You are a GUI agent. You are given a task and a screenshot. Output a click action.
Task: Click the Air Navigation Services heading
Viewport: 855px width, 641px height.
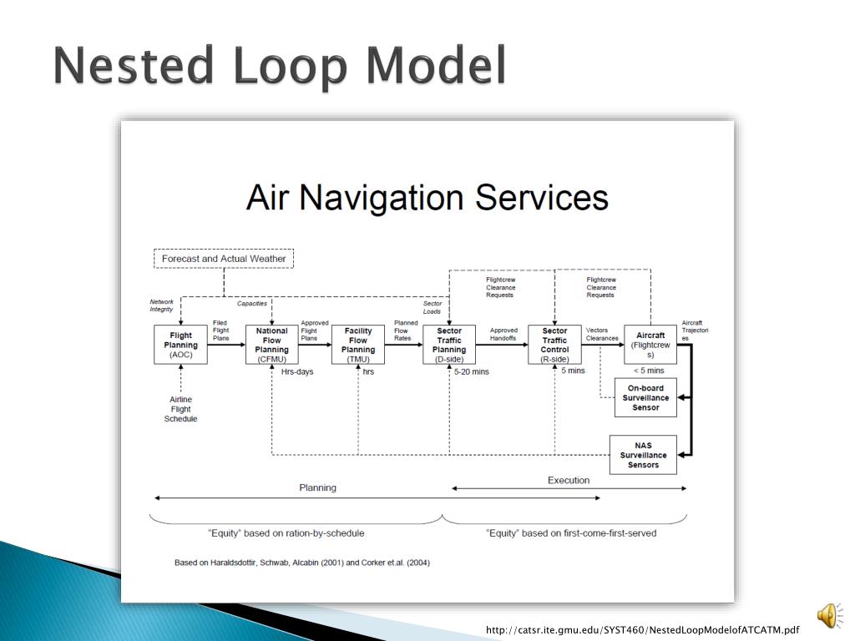[x=427, y=199]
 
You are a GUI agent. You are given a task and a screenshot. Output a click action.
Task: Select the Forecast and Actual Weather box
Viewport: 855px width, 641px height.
[x=224, y=259]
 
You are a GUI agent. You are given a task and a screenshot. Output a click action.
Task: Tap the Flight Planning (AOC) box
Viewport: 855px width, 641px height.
[x=181, y=345]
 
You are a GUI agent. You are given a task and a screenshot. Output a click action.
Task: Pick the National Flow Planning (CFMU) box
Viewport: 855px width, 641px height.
[x=272, y=345]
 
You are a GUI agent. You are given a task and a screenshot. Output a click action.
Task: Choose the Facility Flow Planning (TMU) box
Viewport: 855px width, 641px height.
[x=358, y=345]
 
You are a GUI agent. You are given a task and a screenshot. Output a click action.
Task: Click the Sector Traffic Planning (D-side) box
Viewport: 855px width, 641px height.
[x=449, y=345]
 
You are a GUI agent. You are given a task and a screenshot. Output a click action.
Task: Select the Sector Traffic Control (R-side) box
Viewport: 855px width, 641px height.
[x=554, y=345]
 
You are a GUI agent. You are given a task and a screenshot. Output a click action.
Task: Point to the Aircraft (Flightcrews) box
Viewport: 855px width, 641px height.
[x=650, y=345]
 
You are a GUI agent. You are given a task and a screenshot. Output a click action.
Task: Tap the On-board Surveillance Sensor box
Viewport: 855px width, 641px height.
[x=645, y=397]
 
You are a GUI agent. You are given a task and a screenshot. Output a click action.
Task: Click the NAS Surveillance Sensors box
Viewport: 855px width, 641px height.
[x=643, y=455]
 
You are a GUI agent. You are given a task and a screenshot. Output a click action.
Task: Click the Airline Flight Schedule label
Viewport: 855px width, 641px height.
[x=181, y=409]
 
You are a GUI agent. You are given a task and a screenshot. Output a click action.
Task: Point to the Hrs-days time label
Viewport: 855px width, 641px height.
[x=297, y=371]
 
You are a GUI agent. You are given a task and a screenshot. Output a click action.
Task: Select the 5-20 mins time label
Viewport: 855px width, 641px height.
[x=472, y=371]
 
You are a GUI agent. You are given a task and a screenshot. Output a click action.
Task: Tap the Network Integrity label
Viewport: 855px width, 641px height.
[x=161, y=305]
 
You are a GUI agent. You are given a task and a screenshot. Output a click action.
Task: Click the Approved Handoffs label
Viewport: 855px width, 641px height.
[x=504, y=335]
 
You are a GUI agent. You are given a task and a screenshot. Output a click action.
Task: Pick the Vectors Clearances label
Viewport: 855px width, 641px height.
[x=602, y=335]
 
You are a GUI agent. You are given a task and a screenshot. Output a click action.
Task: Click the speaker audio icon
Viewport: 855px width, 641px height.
[x=828, y=616]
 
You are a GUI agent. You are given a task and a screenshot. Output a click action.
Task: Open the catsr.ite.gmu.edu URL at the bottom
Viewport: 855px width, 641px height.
[x=643, y=630]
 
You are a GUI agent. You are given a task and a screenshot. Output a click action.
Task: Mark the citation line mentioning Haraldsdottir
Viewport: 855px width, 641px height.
[x=302, y=563]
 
